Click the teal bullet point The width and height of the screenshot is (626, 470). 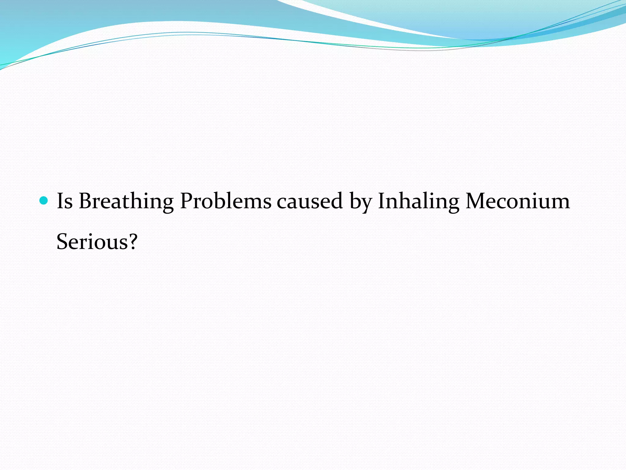(44, 201)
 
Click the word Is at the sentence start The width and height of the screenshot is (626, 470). (64, 201)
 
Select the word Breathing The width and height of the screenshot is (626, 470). (126, 202)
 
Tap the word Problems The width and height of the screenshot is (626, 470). (226, 201)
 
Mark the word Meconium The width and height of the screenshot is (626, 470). (517, 201)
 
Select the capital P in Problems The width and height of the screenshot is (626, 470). (186, 201)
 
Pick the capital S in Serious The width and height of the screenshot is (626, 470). (63, 242)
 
